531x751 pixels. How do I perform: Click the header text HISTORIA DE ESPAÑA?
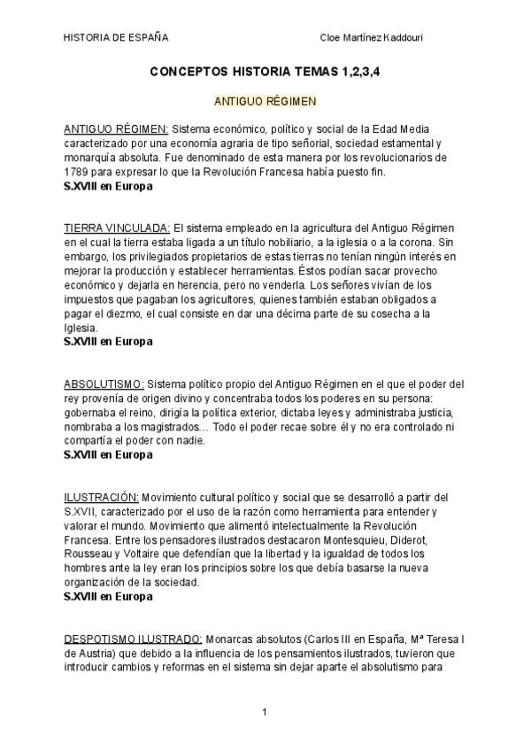point(116,38)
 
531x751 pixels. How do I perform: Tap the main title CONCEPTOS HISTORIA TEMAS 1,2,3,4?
point(265,77)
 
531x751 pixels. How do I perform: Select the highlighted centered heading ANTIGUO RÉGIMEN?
point(265,103)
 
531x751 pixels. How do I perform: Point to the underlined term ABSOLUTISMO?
point(104,384)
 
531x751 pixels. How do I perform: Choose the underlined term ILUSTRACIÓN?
point(101,497)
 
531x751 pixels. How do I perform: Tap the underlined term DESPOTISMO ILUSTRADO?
point(134,638)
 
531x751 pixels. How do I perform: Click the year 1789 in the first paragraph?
point(77,171)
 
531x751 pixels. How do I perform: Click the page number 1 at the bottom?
point(265,711)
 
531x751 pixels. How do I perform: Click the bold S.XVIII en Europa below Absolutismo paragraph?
point(108,455)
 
